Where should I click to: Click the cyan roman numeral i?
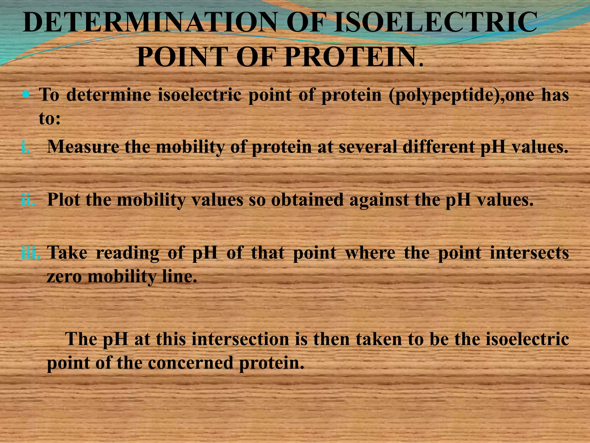coord(26,147)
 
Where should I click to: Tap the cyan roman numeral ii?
coord(28,199)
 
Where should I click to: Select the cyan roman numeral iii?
coord(31,253)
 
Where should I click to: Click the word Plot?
coord(64,199)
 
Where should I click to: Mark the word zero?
coord(65,277)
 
